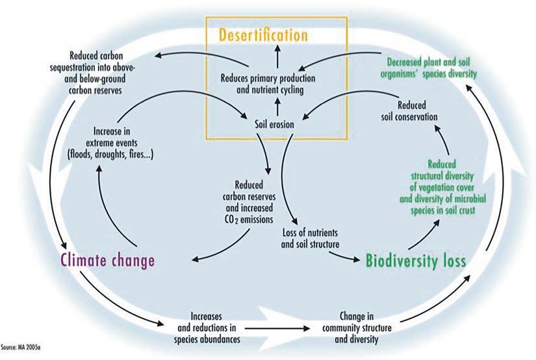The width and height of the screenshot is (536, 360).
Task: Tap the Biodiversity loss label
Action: (416, 261)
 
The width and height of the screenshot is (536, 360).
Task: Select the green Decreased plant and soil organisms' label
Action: (422, 68)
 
